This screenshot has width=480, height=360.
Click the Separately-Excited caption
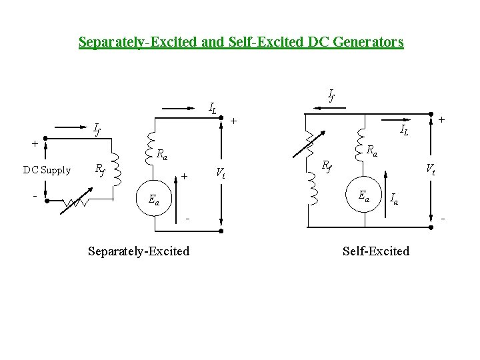[139, 251]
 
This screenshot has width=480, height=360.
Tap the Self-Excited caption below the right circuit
[376, 251]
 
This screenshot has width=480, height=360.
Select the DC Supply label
[47, 170]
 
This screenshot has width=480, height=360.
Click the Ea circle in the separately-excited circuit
[155, 199]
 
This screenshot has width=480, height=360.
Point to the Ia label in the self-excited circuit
[395, 199]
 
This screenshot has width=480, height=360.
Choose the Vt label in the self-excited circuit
[431, 169]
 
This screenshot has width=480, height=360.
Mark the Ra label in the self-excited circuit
[372, 151]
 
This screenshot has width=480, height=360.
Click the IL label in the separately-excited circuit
[213, 107]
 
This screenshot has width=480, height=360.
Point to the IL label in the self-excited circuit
[404, 129]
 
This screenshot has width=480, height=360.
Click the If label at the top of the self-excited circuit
[331, 95]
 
